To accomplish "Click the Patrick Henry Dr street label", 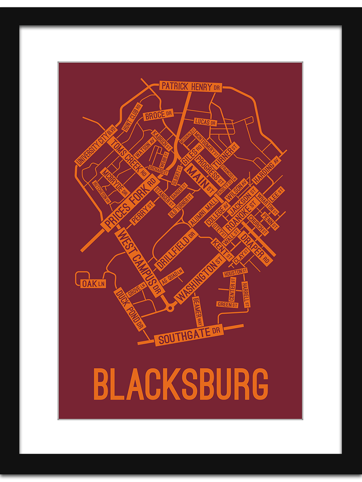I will point(191,86).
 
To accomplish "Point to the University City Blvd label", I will point(95,145).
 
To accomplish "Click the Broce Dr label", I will point(158,115).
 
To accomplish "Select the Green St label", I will point(227,304).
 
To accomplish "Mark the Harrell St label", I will point(245,294).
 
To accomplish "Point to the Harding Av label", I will point(265,170).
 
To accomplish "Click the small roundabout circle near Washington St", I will point(170,308).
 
